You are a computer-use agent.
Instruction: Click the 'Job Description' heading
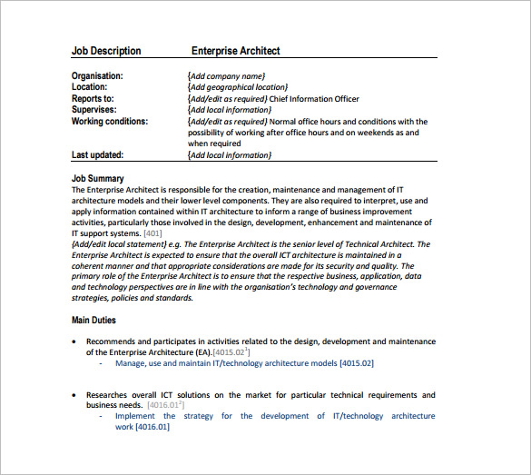[x=106, y=51]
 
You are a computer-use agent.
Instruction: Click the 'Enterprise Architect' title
[x=236, y=51]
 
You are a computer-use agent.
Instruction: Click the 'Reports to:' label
[x=93, y=98]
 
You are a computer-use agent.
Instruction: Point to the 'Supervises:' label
[x=93, y=110]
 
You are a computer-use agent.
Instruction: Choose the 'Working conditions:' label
[x=110, y=121]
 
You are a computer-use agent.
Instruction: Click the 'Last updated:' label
[x=97, y=155]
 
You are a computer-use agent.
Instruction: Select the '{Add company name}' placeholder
[x=226, y=76]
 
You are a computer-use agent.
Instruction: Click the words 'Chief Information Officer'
[x=315, y=99]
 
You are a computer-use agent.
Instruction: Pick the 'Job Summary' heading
[x=98, y=178]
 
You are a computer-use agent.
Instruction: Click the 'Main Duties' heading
[x=93, y=320]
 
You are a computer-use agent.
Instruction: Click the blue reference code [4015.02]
[x=356, y=363]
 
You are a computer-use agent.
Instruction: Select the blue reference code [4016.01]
[x=152, y=427]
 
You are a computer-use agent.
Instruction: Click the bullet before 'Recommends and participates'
[x=75, y=341]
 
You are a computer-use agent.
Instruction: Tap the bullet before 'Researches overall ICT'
[x=75, y=395]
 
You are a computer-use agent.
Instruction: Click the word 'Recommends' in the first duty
[x=113, y=341]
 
